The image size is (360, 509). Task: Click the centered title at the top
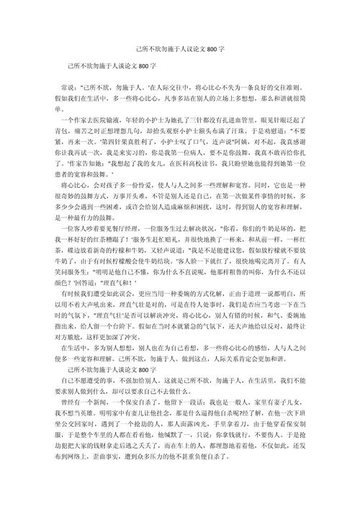[180, 51]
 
